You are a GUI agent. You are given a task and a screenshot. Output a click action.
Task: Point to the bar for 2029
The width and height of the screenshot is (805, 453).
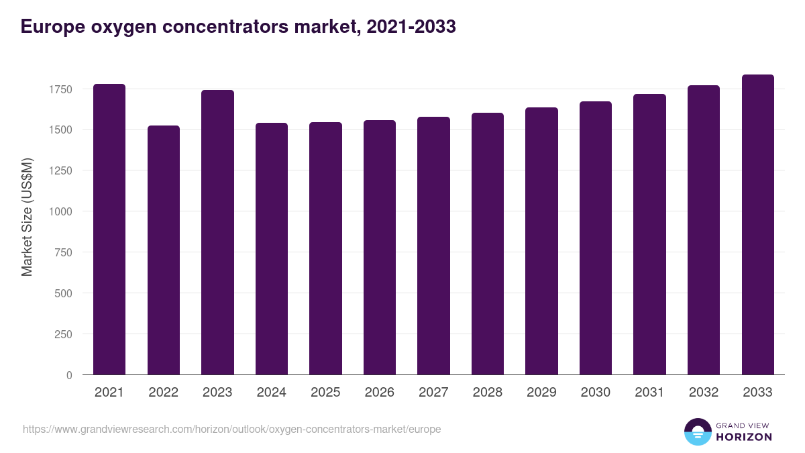point(541,241)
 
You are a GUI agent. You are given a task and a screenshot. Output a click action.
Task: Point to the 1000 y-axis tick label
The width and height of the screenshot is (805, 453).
point(60,212)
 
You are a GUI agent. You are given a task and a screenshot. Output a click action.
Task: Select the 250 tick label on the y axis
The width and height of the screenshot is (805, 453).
point(63,335)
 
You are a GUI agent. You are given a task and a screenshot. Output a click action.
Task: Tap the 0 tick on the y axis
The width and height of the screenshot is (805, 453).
point(69,376)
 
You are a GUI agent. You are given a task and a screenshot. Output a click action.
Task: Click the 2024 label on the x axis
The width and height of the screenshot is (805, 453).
point(271,393)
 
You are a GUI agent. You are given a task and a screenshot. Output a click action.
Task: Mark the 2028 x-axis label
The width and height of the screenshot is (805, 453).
point(487,393)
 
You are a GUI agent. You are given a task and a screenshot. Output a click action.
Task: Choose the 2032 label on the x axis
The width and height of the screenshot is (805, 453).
point(703,393)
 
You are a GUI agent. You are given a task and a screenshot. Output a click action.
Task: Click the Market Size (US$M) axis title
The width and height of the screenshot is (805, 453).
point(27,217)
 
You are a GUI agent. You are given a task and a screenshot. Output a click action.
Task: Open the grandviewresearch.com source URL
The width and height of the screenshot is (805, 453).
point(231,429)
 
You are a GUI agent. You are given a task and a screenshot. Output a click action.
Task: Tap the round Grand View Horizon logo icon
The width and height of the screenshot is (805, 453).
point(697,432)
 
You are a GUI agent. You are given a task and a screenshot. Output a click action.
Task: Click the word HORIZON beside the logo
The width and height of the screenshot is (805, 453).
point(744,437)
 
